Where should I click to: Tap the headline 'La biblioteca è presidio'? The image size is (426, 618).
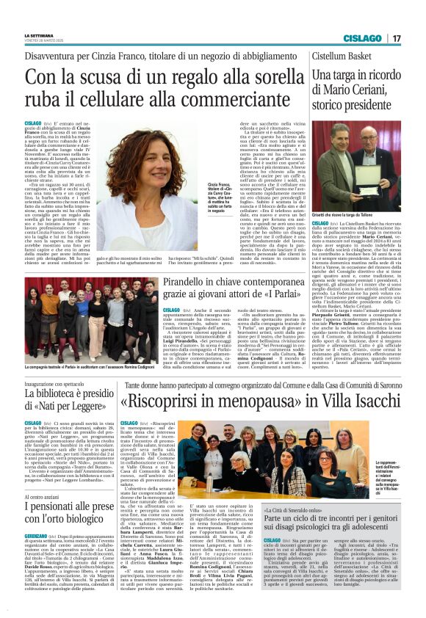pyautogui.click(x=68, y=396)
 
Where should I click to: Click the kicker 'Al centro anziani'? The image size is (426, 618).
pyautogui.click(x=42, y=496)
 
